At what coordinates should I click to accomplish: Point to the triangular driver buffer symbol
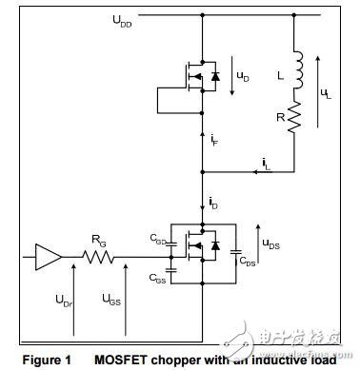(x=50, y=255)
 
